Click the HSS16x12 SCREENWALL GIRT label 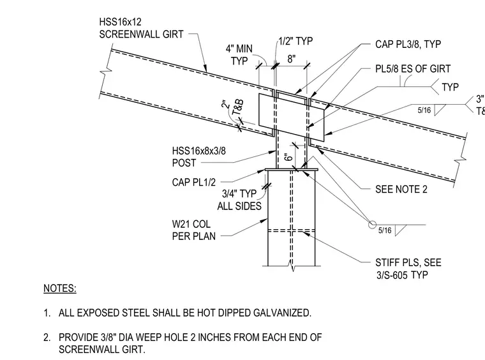pos(141,28)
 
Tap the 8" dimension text pos(292,59)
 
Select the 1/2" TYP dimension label pos(295,41)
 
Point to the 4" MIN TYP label pos(239,55)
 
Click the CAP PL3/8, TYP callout pos(408,44)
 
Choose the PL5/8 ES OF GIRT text pos(413,69)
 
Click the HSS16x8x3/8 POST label pos(199,157)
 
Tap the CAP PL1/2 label pos(193,182)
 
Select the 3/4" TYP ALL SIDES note pos(239,200)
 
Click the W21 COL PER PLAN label pos(193,230)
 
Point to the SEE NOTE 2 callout pos(401,190)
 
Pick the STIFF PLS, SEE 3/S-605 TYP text pos(408,269)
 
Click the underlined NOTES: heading pos(60,289)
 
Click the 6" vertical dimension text pos(288,157)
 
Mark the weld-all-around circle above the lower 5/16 pos(372,225)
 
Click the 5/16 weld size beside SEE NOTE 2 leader pos(385,230)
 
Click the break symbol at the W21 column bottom pos(292,267)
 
